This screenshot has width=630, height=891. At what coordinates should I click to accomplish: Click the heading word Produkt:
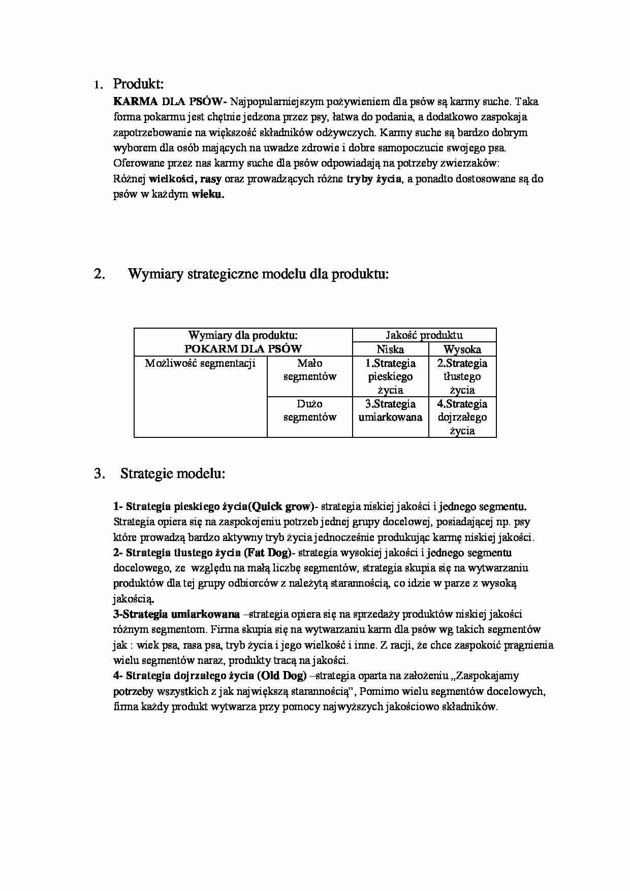tap(138, 83)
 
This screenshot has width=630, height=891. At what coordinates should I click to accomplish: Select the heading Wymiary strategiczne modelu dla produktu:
tap(258, 274)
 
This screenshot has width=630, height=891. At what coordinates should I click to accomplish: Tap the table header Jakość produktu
tap(424, 335)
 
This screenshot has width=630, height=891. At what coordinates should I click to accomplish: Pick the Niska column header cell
tap(390, 349)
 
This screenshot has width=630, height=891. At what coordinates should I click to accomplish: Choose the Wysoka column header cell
tap(462, 349)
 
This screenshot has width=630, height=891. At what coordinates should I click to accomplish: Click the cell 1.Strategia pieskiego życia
tap(390, 376)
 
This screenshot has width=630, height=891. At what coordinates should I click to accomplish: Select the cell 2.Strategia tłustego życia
tap(462, 376)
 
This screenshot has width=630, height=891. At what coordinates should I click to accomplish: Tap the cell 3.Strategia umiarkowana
tap(390, 410)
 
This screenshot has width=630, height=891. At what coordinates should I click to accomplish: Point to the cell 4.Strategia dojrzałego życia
tap(462, 417)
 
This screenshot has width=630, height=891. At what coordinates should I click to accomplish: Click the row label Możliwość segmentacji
tap(200, 363)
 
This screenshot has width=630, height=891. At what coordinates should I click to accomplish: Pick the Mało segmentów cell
tap(309, 370)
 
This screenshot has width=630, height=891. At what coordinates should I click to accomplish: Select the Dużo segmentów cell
tap(309, 410)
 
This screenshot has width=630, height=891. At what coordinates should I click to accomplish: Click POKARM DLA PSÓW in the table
tap(243, 349)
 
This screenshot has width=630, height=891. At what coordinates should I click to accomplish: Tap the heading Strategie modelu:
tap(173, 474)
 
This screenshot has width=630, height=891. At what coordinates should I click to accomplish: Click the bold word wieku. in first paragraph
tap(207, 195)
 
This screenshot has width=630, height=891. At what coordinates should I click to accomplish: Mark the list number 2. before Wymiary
tap(100, 274)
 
